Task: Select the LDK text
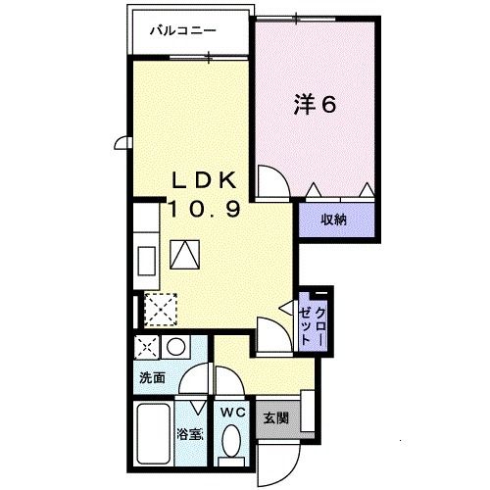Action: (204, 181)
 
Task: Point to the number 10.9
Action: (204, 208)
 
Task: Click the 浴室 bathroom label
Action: (189, 431)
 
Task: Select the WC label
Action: (233, 412)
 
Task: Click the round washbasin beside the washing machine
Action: (175, 346)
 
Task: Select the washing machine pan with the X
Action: (147, 347)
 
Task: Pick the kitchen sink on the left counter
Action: (146, 261)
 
